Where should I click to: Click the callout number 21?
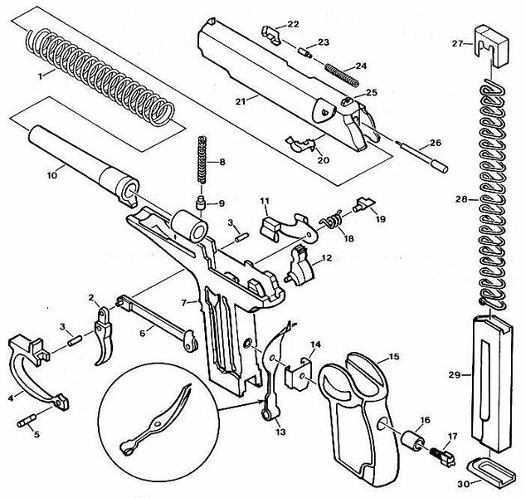241,101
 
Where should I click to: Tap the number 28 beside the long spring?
461,199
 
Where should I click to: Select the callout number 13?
280,432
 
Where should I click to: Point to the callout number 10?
52,175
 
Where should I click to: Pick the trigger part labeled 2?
104,335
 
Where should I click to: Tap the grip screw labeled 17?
444,457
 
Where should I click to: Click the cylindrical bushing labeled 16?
413,439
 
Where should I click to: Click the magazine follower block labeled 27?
491,45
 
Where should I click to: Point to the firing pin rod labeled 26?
422,156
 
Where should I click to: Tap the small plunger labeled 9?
201,203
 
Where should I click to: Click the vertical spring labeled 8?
202,160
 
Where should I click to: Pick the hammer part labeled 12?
299,265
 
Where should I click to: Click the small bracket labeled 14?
298,374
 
